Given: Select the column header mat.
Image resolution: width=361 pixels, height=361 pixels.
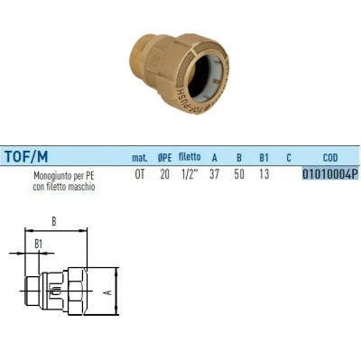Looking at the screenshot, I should [x=140, y=157].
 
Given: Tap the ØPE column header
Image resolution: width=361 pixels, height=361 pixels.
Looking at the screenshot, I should [x=164, y=157].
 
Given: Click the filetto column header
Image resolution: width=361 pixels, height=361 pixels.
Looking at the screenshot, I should [x=190, y=157].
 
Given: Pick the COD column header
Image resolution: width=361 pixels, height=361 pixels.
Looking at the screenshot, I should [x=329, y=157].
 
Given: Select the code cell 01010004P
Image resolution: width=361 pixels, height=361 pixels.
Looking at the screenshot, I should [x=329, y=175].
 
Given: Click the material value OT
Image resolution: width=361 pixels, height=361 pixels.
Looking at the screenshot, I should [x=139, y=175].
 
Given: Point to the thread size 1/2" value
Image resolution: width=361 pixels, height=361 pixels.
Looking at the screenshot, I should [x=190, y=175].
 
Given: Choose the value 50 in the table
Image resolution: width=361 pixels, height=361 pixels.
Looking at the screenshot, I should [x=239, y=175].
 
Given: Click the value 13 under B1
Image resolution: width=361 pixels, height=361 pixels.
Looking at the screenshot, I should [x=264, y=175].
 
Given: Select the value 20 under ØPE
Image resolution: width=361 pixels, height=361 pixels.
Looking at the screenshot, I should [x=164, y=175].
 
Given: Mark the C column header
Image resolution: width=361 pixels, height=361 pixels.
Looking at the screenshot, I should [x=288, y=157].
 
